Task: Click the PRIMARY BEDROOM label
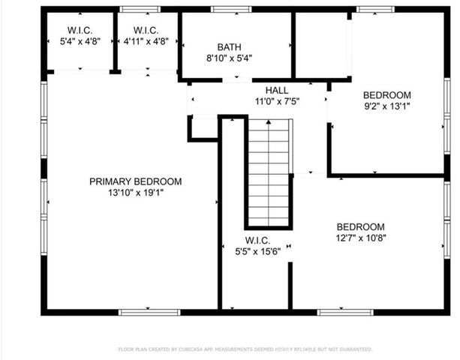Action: [135, 181]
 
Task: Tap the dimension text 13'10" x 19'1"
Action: [135, 192]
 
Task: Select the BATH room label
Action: [229, 46]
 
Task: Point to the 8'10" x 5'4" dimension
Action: [229, 57]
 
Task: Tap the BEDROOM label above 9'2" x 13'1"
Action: [387, 94]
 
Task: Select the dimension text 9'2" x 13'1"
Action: [387, 106]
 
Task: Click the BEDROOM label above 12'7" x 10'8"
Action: [360, 226]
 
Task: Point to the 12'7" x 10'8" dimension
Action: [360, 238]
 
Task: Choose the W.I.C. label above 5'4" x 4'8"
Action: [79, 31]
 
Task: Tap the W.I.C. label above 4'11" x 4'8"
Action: [146, 31]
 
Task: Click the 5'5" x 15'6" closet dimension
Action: [257, 253]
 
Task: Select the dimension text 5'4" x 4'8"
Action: [79, 42]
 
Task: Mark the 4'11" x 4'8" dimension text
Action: [146, 42]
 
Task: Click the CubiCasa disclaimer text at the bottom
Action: [245, 349]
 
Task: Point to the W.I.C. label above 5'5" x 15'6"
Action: [257, 241]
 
